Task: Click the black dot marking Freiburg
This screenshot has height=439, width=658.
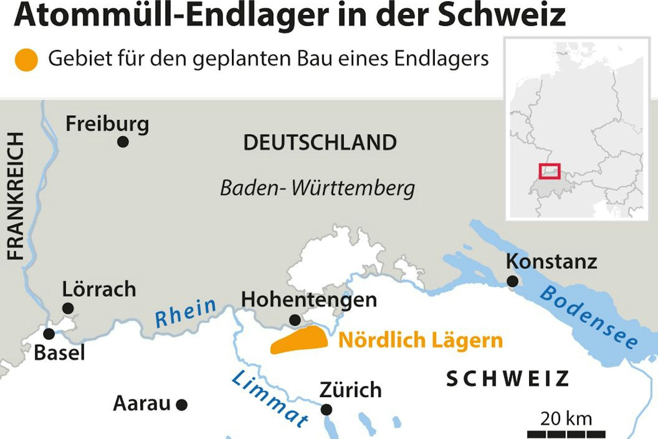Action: coord(123,142)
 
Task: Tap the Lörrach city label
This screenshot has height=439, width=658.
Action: coord(99,289)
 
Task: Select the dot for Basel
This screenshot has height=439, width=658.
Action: coord(49,334)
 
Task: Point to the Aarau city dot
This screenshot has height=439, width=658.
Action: coord(182,405)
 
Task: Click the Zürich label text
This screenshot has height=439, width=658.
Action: coord(350,390)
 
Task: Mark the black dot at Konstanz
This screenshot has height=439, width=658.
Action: coord(513,281)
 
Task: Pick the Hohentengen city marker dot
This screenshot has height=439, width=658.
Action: coord(295,320)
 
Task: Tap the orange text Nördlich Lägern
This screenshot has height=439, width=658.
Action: coord(420,340)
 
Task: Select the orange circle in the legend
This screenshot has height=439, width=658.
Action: coord(26,60)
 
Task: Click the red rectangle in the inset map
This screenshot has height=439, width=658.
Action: coord(549,171)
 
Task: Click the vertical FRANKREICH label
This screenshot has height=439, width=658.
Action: coord(16,196)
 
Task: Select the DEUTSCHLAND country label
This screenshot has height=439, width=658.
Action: coord(320,143)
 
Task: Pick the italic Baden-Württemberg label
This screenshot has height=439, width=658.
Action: coord(317,188)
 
